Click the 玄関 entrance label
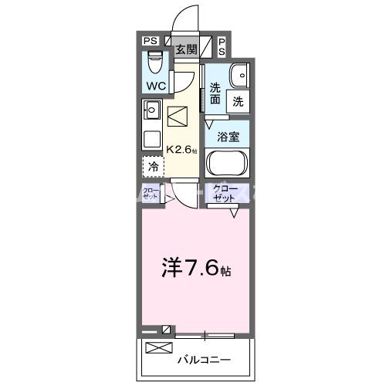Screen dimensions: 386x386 pyautogui.click(x=185, y=49)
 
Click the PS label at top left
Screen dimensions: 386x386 pyautogui.click(x=150, y=41)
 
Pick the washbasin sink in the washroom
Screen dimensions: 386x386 pyautogui.click(x=239, y=75)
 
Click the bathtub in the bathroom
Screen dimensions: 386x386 pyautogui.click(x=228, y=164)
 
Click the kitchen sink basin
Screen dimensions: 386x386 pyautogui.click(x=152, y=110)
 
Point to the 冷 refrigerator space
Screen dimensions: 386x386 pyautogui.click(x=153, y=166)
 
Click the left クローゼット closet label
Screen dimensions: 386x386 pyautogui.click(x=151, y=194)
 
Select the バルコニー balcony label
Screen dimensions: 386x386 pyautogui.click(x=205, y=359)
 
